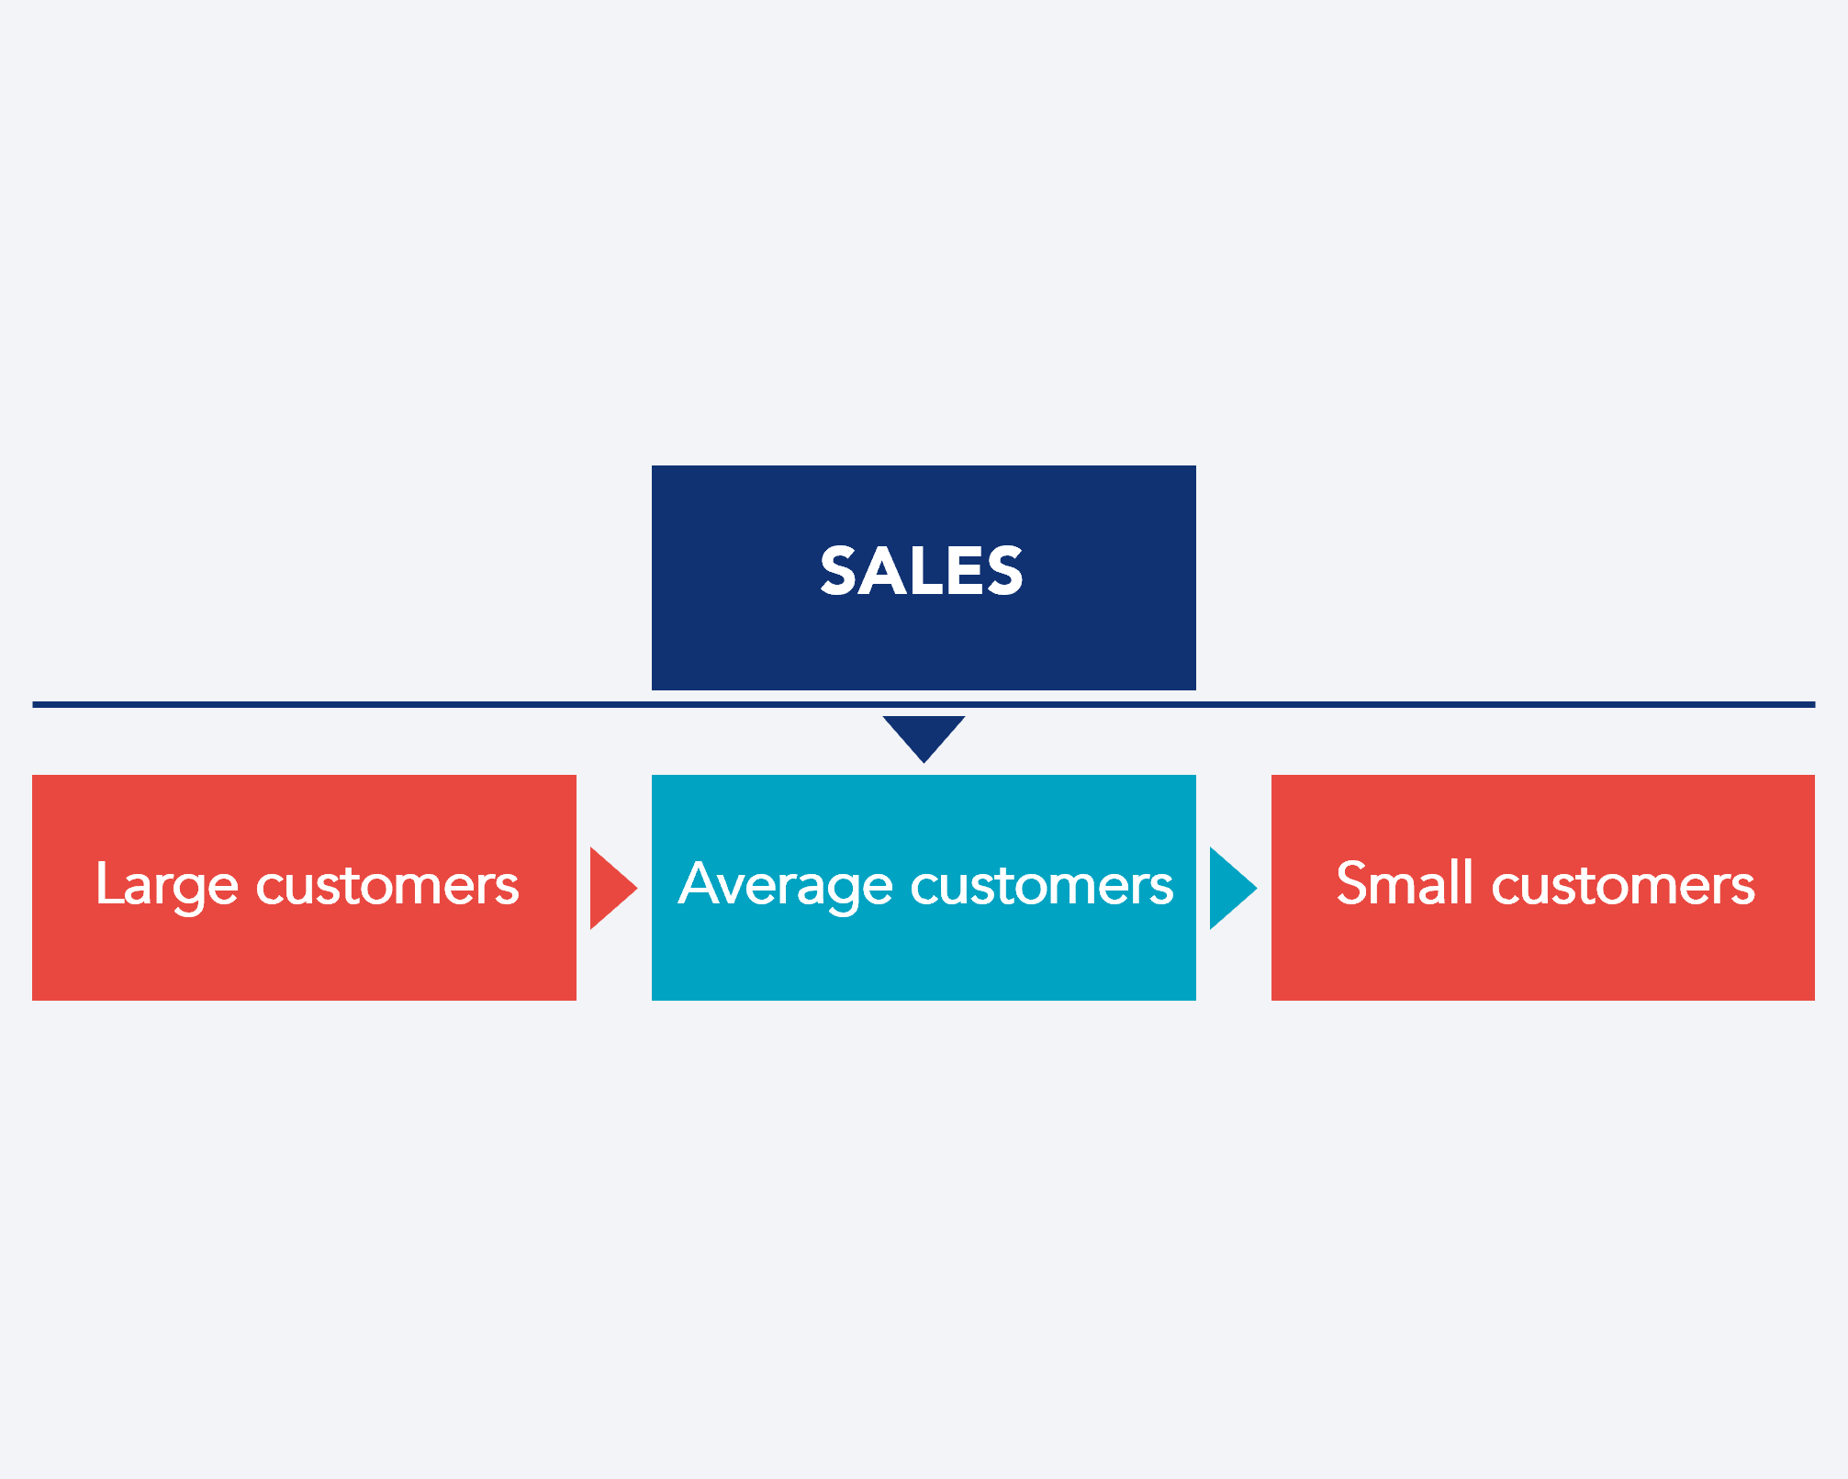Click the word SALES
pyautogui.click(x=922, y=571)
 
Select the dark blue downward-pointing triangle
pyautogui.click(x=924, y=735)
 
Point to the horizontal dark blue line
pyautogui.click(x=367, y=704)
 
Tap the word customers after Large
pyautogui.click(x=387, y=886)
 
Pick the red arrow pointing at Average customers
pyautogui.click(x=611, y=888)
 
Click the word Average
pyautogui.click(x=786, y=885)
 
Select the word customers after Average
pyautogui.click(x=1042, y=886)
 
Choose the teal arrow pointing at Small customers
pyautogui.click(x=1231, y=888)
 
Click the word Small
pyautogui.click(x=1405, y=883)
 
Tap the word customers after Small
pyautogui.click(x=1623, y=886)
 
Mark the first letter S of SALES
pyautogui.click(x=839, y=571)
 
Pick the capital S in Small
pyautogui.click(x=1353, y=883)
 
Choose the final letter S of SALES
pyautogui.click(x=1004, y=571)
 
